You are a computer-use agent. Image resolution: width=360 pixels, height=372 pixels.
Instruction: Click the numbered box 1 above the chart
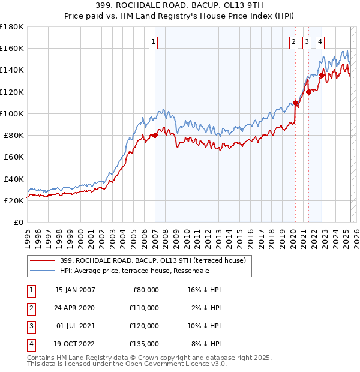(x=154, y=42)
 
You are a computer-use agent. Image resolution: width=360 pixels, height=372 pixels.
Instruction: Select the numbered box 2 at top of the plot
(x=293, y=42)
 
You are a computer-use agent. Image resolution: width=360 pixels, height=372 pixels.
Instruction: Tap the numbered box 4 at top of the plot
(x=320, y=42)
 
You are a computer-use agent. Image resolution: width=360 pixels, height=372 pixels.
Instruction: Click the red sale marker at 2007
(x=155, y=136)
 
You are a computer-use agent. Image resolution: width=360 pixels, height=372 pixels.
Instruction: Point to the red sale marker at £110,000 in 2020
(x=295, y=103)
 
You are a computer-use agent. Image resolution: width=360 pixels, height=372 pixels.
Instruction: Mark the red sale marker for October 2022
(x=322, y=76)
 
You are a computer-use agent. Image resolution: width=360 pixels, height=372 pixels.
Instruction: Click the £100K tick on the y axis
(x=11, y=113)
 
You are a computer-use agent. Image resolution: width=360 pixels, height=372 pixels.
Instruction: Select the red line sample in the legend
(x=42, y=260)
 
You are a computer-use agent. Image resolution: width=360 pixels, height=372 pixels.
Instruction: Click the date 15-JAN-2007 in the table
(x=75, y=290)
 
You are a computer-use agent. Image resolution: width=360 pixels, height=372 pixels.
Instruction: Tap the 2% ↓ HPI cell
(x=205, y=308)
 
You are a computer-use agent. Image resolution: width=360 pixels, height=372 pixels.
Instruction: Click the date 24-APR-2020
(x=75, y=308)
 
